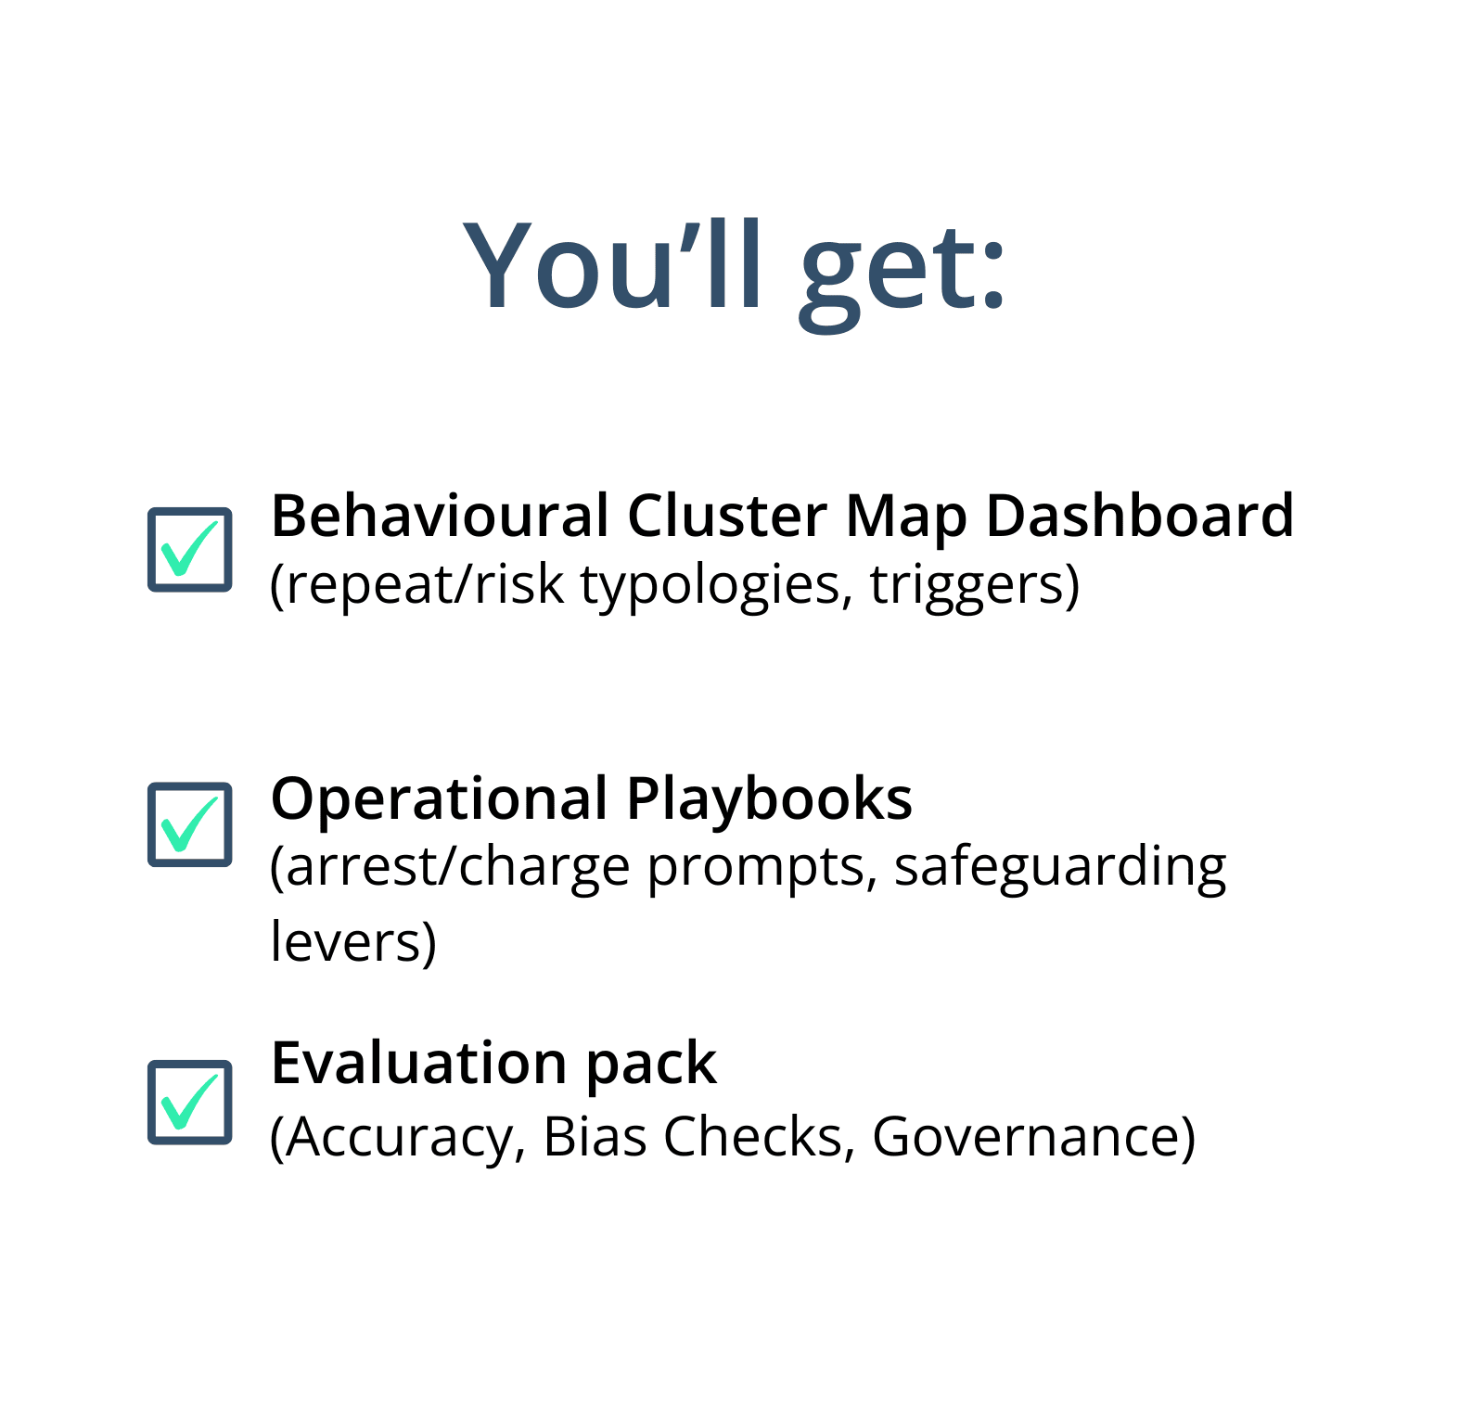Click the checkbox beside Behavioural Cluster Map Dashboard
tap(190, 549)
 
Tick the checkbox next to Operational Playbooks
tap(190, 824)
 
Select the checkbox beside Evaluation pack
tap(190, 1102)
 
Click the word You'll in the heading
tap(613, 265)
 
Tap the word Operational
tap(440, 799)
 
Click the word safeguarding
tap(1060, 868)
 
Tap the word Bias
tap(595, 1136)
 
